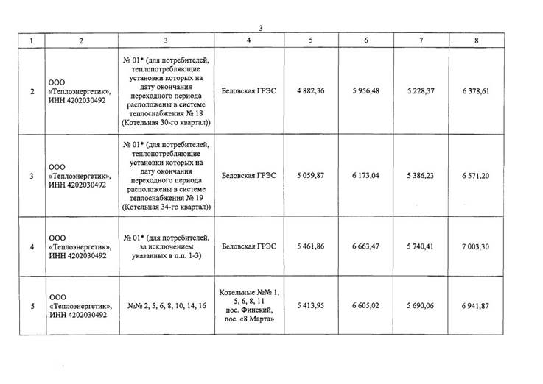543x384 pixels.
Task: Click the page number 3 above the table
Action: point(260,28)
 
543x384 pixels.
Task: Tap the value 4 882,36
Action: point(311,90)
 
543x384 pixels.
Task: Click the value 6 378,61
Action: point(477,90)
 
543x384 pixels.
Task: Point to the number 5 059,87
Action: point(311,177)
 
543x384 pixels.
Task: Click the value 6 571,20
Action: point(477,177)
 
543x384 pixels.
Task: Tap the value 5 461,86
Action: point(311,246)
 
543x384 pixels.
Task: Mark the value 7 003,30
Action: point(477,246)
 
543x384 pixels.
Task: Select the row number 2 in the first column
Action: point(31,90)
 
